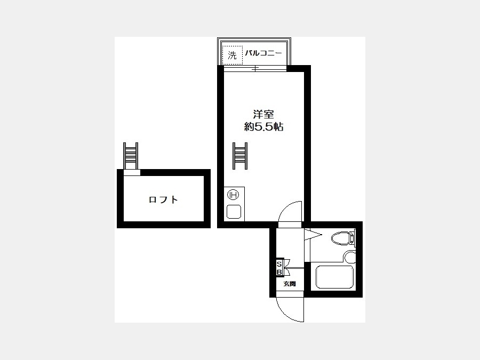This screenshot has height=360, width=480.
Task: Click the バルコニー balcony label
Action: coord(263,53)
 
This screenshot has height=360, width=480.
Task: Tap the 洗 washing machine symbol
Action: coord(233,55)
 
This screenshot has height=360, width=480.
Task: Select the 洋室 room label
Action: coord(263,114)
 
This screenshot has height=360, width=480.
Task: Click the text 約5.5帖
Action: coord(263,126)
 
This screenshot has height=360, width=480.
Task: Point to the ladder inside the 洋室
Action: coord(240,156)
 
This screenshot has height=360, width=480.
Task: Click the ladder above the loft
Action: coord(131,156)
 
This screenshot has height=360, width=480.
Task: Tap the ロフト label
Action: coord(163,199)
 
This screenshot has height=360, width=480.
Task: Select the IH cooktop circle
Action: coord(233,194)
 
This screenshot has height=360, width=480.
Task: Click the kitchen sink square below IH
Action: coord(234,212)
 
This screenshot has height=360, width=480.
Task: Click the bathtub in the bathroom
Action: coord(334,277)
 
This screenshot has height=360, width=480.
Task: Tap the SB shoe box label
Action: coord(279,268)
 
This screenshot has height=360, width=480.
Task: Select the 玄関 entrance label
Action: coord(289,284)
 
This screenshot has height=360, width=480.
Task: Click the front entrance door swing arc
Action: coord(283,314)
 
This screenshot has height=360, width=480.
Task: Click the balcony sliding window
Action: coord(255,69)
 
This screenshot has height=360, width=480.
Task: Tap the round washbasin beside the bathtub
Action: coord(349,258)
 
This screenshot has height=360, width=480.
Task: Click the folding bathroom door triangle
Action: coord(313,235)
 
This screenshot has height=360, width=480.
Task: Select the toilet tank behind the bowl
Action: coord(353,238)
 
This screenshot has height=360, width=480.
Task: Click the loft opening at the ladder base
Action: coord(132,172)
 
